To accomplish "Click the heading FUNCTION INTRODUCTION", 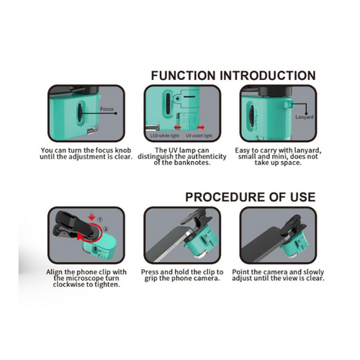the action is point(233,76).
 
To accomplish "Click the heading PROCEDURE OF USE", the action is point(251,197).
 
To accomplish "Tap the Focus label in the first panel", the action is point(107,109).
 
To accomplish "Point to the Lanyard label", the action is point(305,117).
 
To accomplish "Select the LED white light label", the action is point(165,136).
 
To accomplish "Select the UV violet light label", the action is point(199,136).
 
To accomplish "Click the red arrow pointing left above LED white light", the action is point(177,127).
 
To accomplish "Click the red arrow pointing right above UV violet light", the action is point(201,127).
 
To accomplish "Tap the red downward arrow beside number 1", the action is point(92,217).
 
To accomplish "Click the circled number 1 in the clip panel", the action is point(100,220).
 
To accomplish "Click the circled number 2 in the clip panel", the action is point(106,229).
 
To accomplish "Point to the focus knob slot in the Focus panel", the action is point(80,113).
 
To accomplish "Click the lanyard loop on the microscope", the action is point(287,104).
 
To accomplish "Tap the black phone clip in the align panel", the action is point(72,225).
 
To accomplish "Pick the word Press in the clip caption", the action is point(150,272).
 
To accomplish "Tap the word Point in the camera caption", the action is point(240,272).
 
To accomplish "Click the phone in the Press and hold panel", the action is point(168,243).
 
